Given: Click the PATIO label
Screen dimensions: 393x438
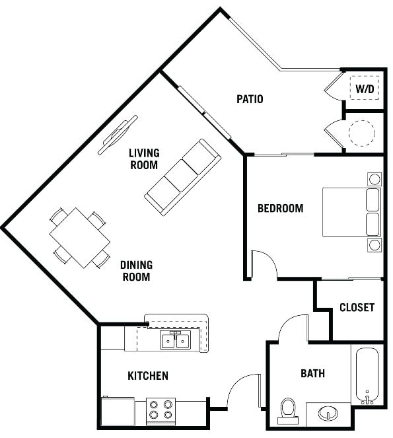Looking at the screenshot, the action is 250,99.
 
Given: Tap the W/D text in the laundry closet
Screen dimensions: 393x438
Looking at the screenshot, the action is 365,89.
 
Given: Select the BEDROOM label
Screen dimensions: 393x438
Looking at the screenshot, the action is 281,208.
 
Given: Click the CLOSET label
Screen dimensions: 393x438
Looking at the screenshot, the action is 357,307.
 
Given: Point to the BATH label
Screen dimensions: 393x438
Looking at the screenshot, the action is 312,373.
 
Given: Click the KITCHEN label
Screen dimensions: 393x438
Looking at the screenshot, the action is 148,376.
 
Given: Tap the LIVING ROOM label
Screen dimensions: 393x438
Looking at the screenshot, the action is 144,159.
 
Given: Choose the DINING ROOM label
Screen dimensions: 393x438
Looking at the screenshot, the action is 136,271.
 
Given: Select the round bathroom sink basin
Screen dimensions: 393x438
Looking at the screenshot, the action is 328,413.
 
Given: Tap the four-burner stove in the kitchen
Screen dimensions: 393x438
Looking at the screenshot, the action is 161,411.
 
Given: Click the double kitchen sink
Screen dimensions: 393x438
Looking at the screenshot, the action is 176,340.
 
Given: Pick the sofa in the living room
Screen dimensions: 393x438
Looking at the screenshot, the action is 183,177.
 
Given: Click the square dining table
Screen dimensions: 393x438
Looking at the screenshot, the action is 80,238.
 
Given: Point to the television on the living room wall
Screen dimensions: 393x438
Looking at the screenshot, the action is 118,135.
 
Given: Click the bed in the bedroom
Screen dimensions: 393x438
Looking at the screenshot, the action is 352,212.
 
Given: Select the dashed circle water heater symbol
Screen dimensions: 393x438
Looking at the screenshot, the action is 362,133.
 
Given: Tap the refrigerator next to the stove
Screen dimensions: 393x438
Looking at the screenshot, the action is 118,411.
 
